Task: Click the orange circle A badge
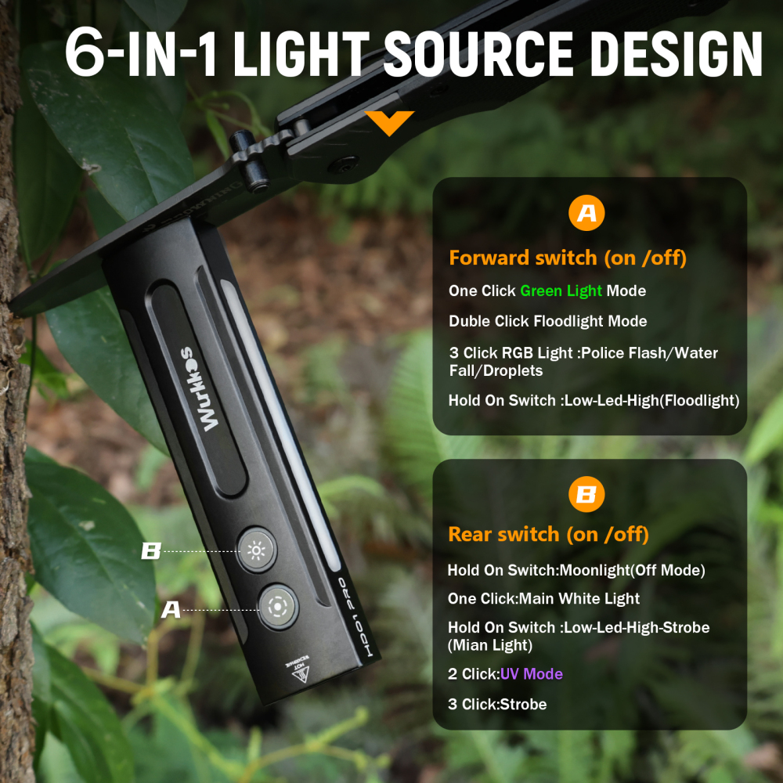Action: (x=586, y=214)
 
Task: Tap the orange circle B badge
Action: (x=586, y=495)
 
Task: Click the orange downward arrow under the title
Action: (x=389, y=122)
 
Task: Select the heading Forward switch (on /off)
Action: (x=567, y=258)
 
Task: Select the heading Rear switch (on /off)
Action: (x=548, y=535)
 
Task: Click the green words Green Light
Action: (x=561, y=290)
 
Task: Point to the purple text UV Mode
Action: (x=531, y=673)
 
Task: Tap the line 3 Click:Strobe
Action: (x=496, y=704)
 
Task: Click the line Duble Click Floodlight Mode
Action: (x=547, y=321)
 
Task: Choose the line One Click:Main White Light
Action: (x=543, y=598)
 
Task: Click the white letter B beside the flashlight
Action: (x=150, y=551)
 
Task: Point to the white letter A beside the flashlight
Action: (x=171, y=609)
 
